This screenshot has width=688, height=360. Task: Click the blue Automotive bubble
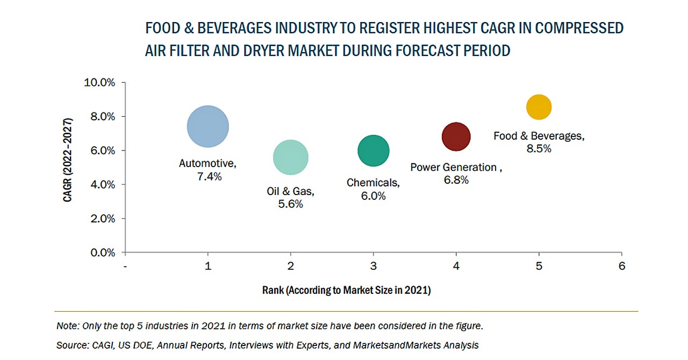click(x=208, y=126)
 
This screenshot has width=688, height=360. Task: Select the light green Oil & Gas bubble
click(x=291, y=157)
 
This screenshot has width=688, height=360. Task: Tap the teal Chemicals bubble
click(x=373, y=151)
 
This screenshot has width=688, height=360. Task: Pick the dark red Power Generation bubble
click(x=456, y=136)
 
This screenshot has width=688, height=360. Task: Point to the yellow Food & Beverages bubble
click(x=539, y=107)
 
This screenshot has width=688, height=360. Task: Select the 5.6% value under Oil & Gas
click(x=291, y=204)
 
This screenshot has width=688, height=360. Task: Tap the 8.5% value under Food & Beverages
click(x=539, y=149)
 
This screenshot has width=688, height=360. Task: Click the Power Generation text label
click(x=454, y=167)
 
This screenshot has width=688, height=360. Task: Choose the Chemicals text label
click(x=372, y=183)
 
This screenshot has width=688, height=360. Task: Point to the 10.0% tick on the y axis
click(x=100, y=83)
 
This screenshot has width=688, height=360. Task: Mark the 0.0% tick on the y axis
click(x=102, y=253)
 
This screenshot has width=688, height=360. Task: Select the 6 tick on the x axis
click(x=622, y=266)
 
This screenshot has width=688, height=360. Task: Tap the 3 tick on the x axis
click(x=373, y=266)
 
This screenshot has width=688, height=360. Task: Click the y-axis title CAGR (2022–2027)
click(x=68, y=167)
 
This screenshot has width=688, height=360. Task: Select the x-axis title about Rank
click(x=346, y=291)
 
